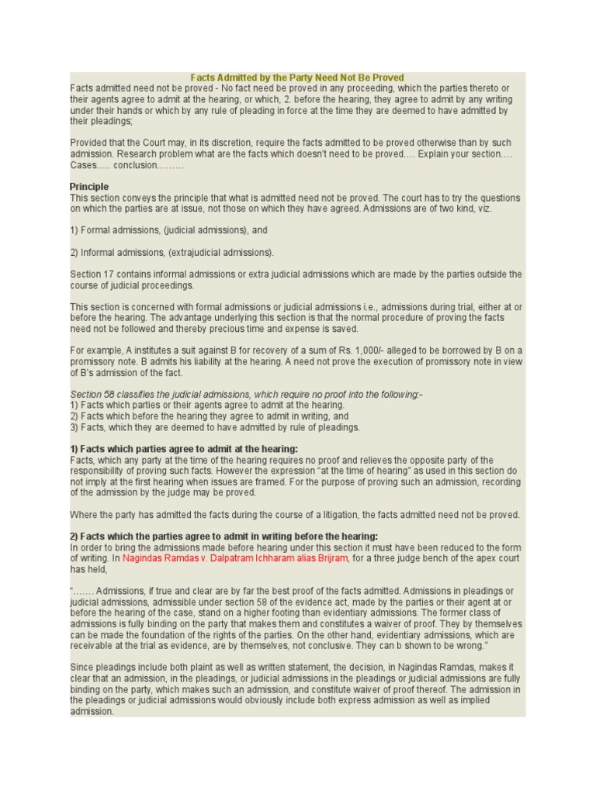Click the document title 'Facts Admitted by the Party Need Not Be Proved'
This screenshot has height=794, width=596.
[298, 78]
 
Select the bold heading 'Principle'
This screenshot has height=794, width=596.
[89, 187]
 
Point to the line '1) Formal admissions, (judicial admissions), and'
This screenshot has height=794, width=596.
[168, 230]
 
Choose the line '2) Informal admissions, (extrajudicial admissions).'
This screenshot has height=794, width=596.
[172, 252]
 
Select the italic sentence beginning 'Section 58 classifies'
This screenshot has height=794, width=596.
[246, 395]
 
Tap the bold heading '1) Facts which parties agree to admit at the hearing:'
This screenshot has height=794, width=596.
[184, 449]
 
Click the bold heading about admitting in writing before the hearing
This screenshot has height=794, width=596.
[224, 536]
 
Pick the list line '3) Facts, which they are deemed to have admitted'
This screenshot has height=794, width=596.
[215, 427]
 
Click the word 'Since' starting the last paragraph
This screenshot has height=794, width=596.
[81, 667]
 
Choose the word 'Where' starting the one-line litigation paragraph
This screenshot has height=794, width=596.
[83, 514]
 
